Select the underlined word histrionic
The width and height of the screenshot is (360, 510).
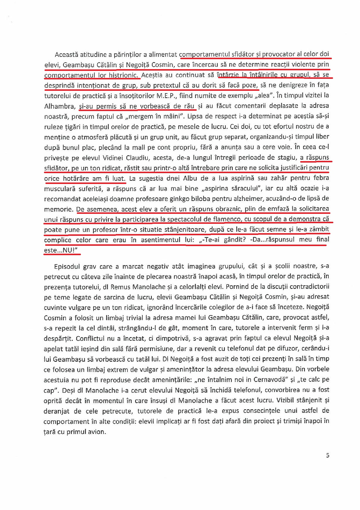(124, 75)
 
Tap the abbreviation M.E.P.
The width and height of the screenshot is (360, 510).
(167, 96)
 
